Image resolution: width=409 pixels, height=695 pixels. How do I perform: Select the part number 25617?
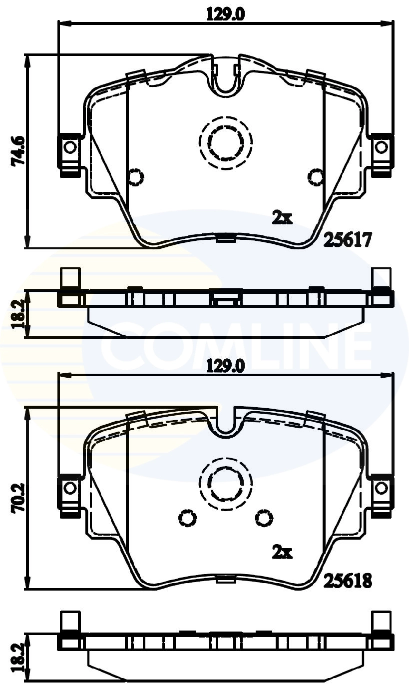pos(348,241)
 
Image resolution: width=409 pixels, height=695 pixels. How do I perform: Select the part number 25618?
pos(348,581)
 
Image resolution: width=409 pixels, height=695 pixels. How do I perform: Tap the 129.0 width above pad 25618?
pos(225,367)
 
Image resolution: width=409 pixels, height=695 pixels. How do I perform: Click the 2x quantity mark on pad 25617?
pos(282,217)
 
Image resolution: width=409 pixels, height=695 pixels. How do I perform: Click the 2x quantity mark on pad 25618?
pos(282,553)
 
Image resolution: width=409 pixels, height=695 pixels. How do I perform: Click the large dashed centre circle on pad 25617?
pos(225,143)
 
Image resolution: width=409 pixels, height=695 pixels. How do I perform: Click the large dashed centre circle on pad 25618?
pos(225,483)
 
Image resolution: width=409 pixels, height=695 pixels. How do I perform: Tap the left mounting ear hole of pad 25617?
pos(70,147)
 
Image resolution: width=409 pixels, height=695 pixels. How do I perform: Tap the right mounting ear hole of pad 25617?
pos(382,147)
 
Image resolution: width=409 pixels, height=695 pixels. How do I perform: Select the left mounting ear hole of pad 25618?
pos(70,487)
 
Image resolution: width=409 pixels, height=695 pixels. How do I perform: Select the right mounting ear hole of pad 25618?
pos(382,487)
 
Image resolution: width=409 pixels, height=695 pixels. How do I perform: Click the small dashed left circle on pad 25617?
pos(136,176)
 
